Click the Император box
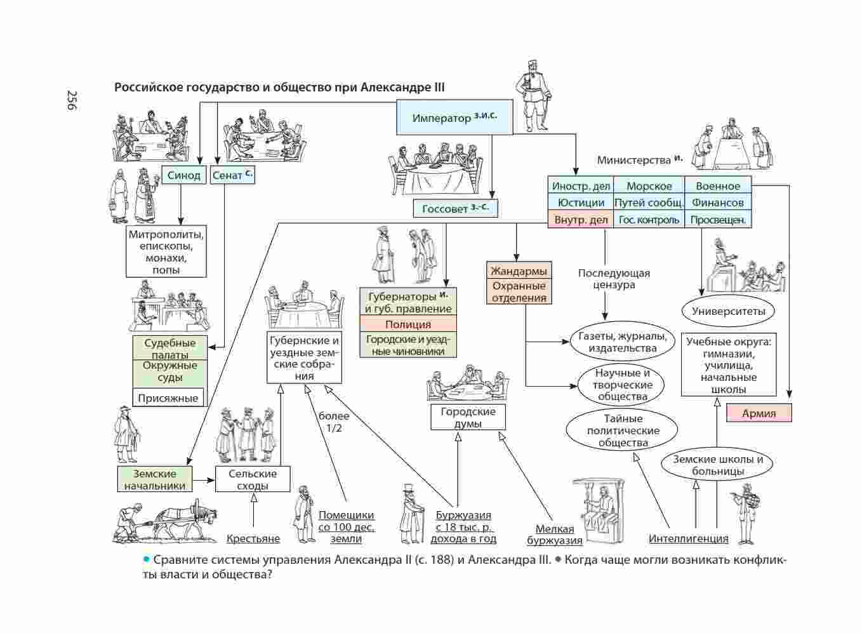pyautogui.click(x=454, y=117)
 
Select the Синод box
pyautogui.click(x=184, y=175)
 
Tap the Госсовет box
pyautogui.click(x=455, y=208)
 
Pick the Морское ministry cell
pyautogui.click(x=649, y=186)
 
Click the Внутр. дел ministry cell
pyautogui.click(x=581, y=220)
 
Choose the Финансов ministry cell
pyautogui.click(x=717, y=203)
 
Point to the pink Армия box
pyautogui.click(x=759, y=413)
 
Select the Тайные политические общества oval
pyautogui.click(x=623, y=430)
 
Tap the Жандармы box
pyautogui.click(x=519, y=271)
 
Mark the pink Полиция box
pyautogui.click(x=408, y=324)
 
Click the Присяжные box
pyautogui.click(x=168, y=398)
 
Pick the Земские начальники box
pyautogui.click(x=155, y=479)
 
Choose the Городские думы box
pyautogui.click(x=467, y=417)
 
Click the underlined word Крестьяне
pyautogui.click(x=253, y=538)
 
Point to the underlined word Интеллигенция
pyautogui.click(x=688, y=538)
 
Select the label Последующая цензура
pyautogui.click(x=614, y=279)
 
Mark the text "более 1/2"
pyautogui.click(x=334, y=422)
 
